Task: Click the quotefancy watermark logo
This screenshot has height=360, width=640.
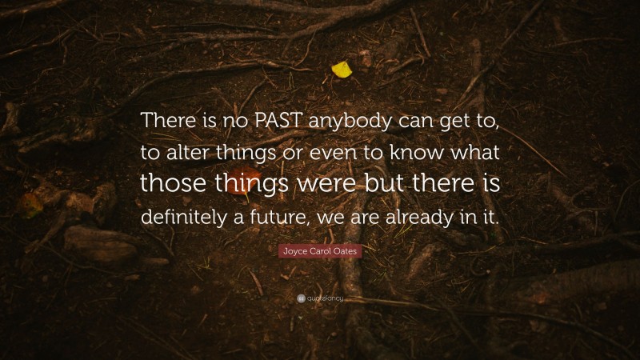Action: (320, 298)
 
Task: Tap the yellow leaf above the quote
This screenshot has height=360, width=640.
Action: (342, 70)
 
